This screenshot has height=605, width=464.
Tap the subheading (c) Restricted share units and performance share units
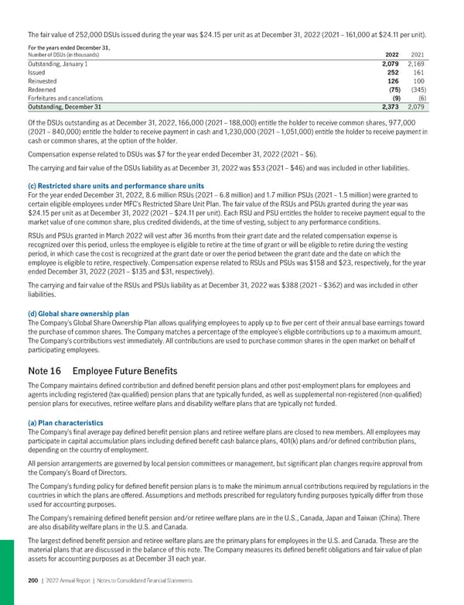pos(115,186)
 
